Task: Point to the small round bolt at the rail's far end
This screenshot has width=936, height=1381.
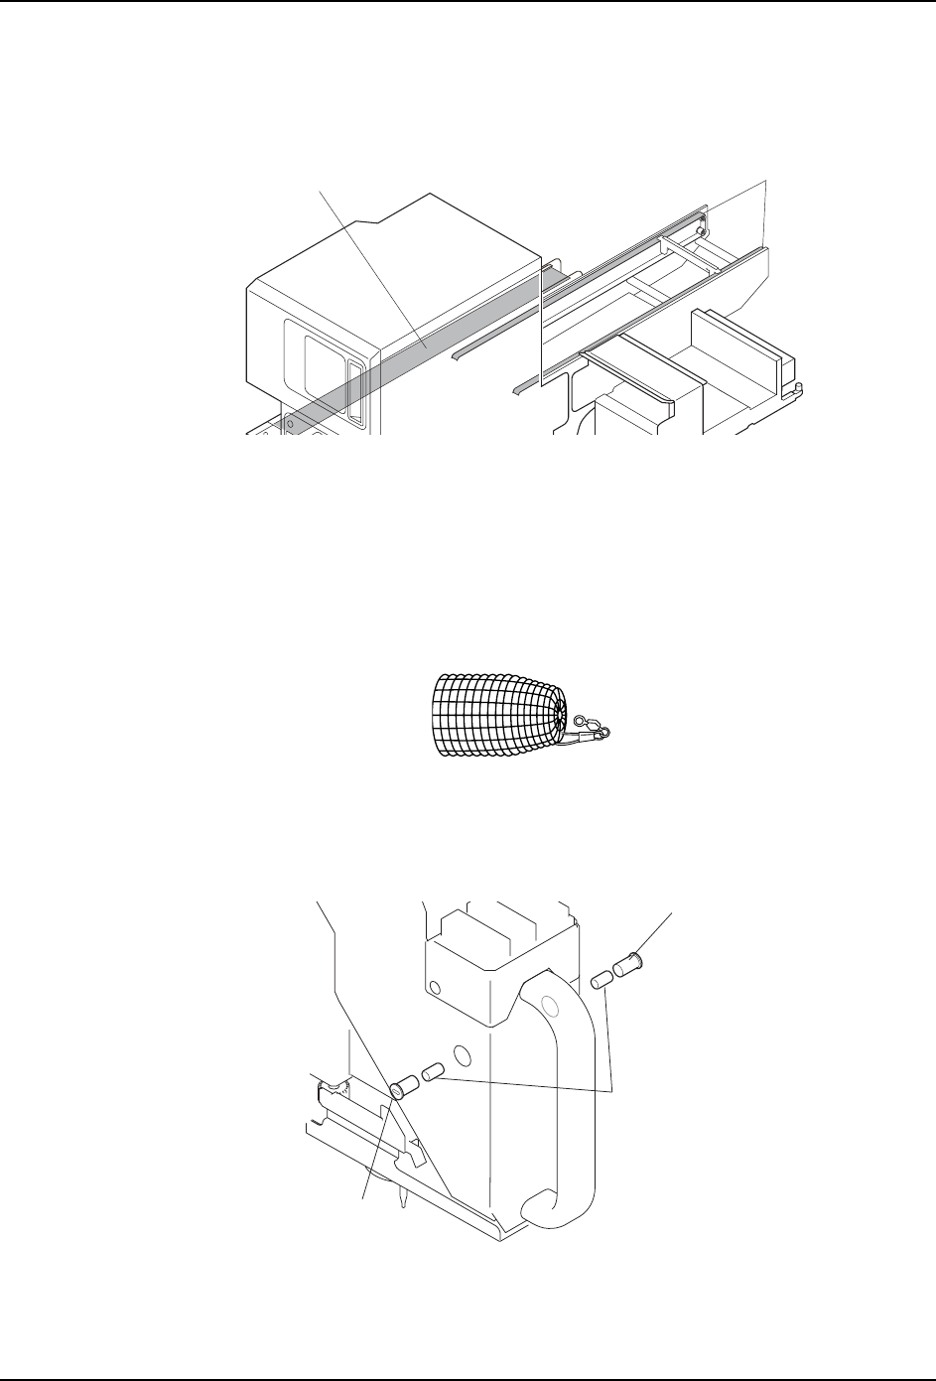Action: click(702, 230)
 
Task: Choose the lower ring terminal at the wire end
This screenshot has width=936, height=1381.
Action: click(602, 734)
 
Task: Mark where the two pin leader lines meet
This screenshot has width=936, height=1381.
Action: click(614, 1090)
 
